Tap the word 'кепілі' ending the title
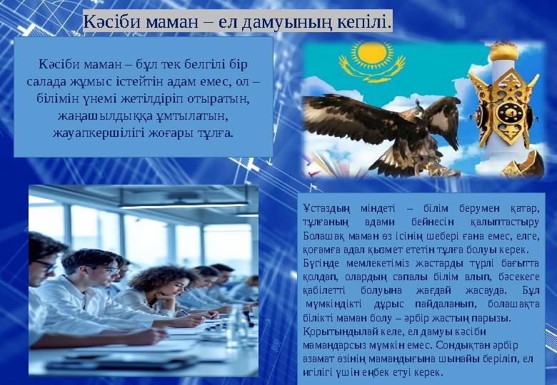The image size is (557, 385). pos(364,22)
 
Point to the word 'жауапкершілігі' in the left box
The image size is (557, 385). pos(94,133)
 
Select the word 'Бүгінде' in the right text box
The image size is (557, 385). pos(321,263)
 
